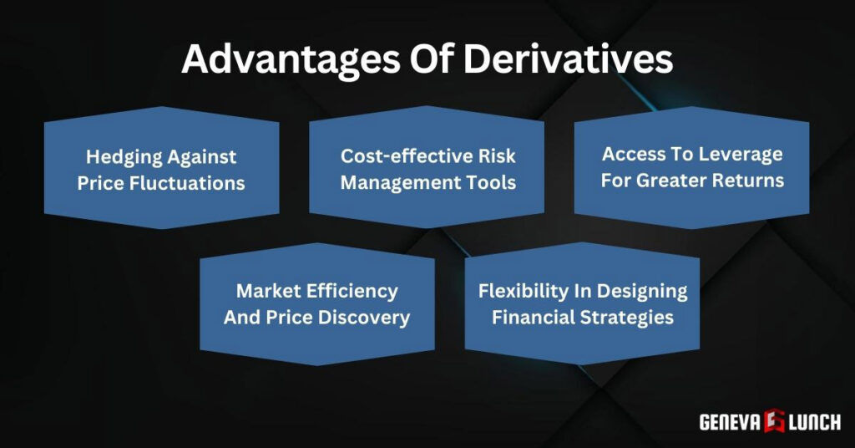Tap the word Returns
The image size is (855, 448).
click(749, 180)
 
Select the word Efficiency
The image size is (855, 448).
click(356, 291)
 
